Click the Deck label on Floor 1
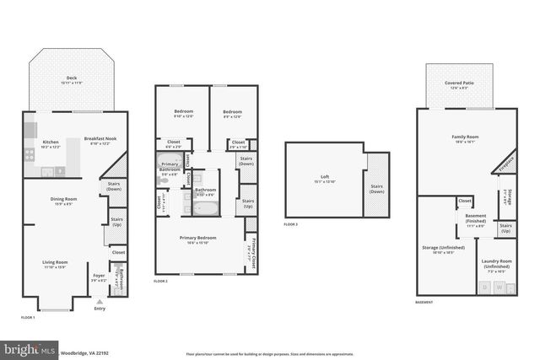click(x=72, y=78)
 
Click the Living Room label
click(x=55, y=264)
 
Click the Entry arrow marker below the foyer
click(x=100, y=301)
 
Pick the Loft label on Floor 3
click(x=324, y=179)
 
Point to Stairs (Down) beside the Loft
click(x=376, y=189)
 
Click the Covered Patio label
click(x=460, y=84)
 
